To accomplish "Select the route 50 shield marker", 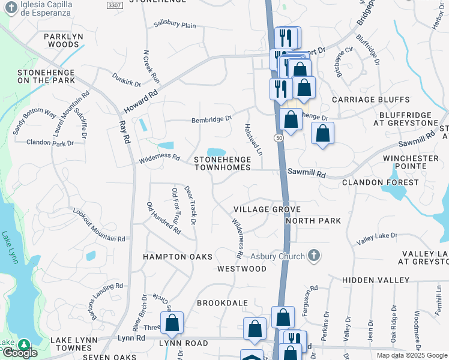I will [x=280, y=138].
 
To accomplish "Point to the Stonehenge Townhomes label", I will [x=222, y=163].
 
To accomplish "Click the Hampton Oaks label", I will [x=178, y=257].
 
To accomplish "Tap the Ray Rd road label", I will [x=125, y=130].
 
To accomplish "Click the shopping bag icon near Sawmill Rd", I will [x=323, y=134].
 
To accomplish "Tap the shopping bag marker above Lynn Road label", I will [x=172, y=323].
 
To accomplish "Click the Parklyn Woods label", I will [x=64, y=40].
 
